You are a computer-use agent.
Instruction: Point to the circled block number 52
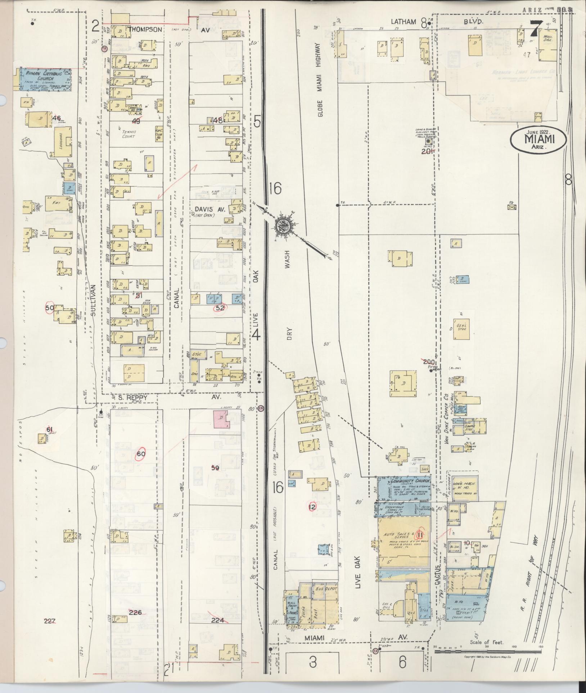220,308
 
